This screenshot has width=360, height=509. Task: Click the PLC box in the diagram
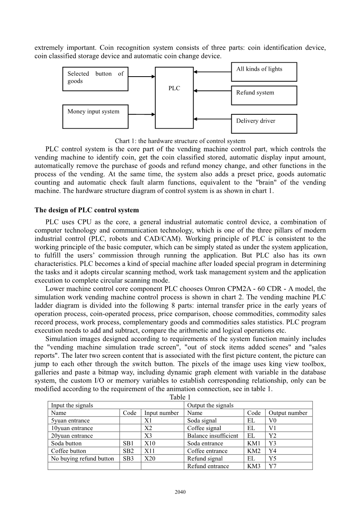tap(174, 98)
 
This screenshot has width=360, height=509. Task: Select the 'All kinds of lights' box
tap(264, 72)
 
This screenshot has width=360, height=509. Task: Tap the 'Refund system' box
tap(264, 95)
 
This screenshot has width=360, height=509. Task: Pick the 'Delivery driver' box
tap(264, 124)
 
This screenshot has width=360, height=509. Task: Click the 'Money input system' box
tap(95, 116)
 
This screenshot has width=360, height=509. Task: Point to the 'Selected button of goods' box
tap(95, 78)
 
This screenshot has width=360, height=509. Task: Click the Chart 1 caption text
tap(180, 141)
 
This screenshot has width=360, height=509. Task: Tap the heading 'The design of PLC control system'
tap(87, 210)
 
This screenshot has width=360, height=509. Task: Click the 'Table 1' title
tap(180, 397)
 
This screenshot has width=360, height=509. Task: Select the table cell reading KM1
tap(254, 443)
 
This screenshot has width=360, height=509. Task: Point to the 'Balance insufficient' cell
tap(213, 436)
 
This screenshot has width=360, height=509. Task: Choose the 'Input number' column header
tap(161, 413)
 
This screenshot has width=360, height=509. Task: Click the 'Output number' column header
tap(288, 413)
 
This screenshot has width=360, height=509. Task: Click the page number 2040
tap(180, 492)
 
